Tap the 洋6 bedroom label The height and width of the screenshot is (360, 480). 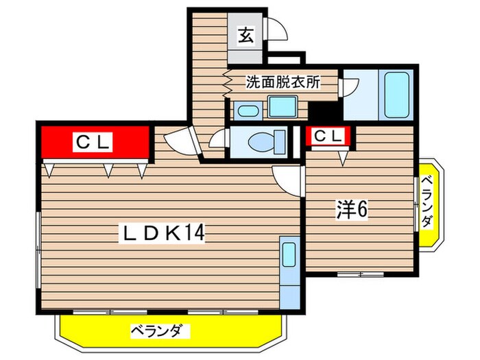[x=352, y=209]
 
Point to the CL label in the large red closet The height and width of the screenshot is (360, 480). [x=93, y=143]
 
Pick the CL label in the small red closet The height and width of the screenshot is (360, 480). [x=327, y=136]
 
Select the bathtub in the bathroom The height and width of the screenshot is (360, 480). [x=397, y=95]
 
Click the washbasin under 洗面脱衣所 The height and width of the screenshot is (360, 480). [x=280, y=107]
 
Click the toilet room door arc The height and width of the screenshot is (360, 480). [x=219, y=139]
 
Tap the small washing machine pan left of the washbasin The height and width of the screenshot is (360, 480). [x=246, y=110]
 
